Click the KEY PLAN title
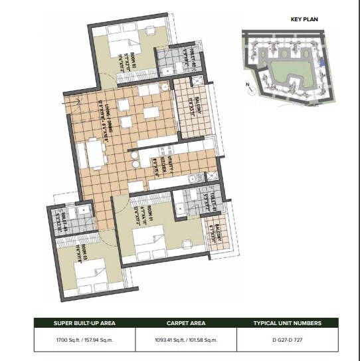coord(304,19)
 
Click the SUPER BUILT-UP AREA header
coord(84,323)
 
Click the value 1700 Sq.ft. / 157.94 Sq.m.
coord(84,340)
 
